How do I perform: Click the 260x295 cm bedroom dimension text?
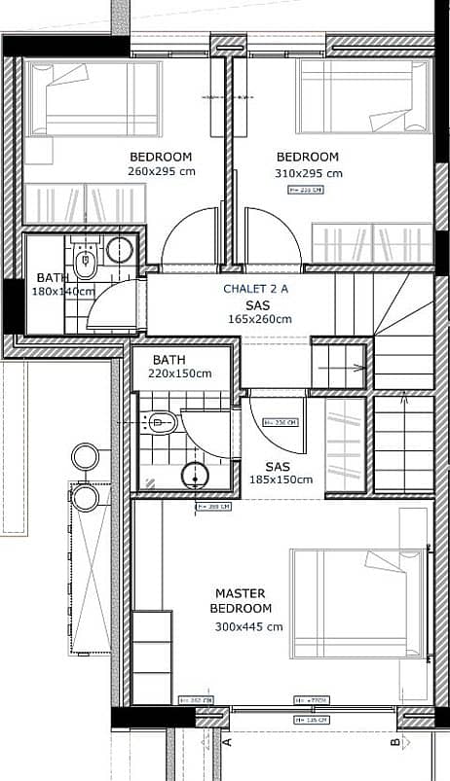click(161, 171)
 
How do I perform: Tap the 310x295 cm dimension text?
click(308, 173)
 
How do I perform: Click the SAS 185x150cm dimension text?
click(281, 479)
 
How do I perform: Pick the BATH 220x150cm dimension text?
click(180, 373)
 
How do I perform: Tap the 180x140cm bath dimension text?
click(60, 291)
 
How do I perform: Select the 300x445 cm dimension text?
click(248, 626)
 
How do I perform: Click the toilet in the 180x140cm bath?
click(84, 259)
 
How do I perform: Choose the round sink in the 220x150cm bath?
click(196, 475)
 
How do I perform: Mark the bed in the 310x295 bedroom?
click(362, 95)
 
